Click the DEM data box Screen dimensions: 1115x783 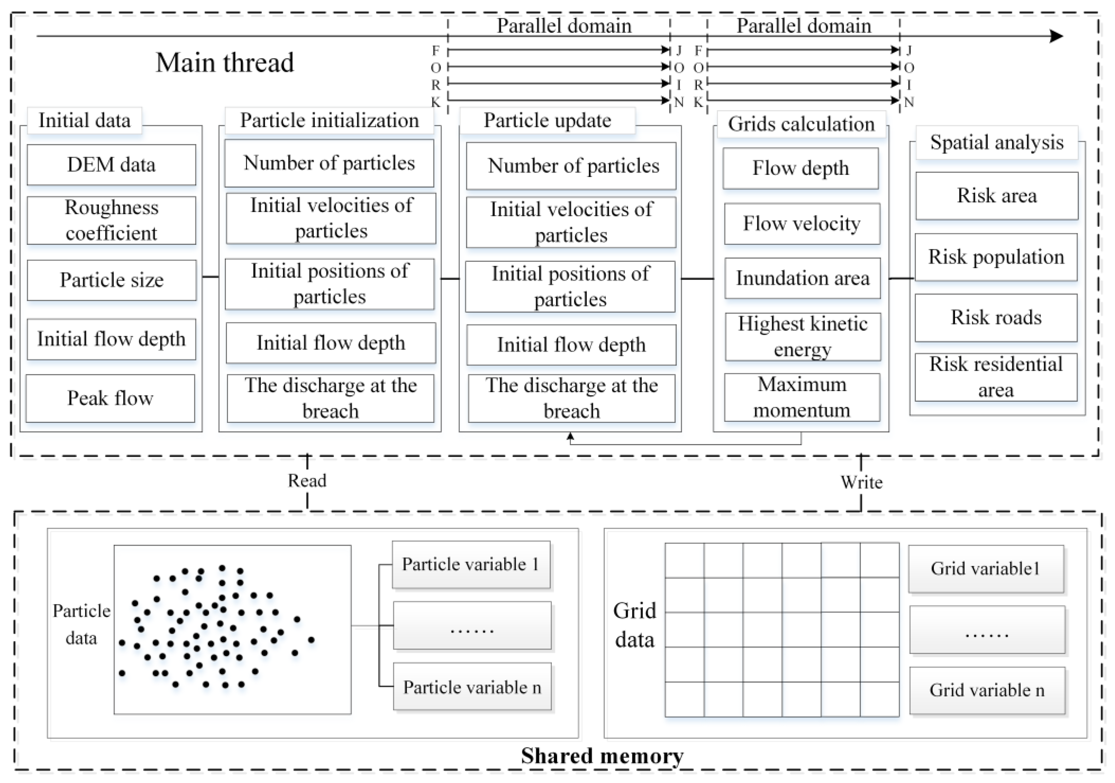click(x=111, y=165)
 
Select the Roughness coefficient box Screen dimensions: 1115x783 click(x=111, y=220)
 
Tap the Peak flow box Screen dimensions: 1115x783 click(x=110, y=398)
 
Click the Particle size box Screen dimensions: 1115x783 click(x=112, y=280)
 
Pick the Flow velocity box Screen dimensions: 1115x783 click(x=802, y=224)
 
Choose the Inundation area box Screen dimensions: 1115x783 click(x=802, y=278)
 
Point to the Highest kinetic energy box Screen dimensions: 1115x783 click(x=803, y=337)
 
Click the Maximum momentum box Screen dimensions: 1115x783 click(x=802, y=397)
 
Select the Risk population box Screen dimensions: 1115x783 click(x=996, y=257)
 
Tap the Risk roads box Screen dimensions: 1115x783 click(x=996, y=318)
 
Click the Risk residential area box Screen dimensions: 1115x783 click(x=996, y=377)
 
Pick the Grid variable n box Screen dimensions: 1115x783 click(x=987, y=691)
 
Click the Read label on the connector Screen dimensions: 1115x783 click(x=307, y=481)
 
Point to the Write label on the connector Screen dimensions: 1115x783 click(x=862, y=482)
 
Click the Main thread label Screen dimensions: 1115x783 click(x=225, y=63)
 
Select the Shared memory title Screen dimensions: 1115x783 click(x=602, y=756)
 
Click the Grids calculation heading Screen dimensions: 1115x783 click(x=801, y=124)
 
